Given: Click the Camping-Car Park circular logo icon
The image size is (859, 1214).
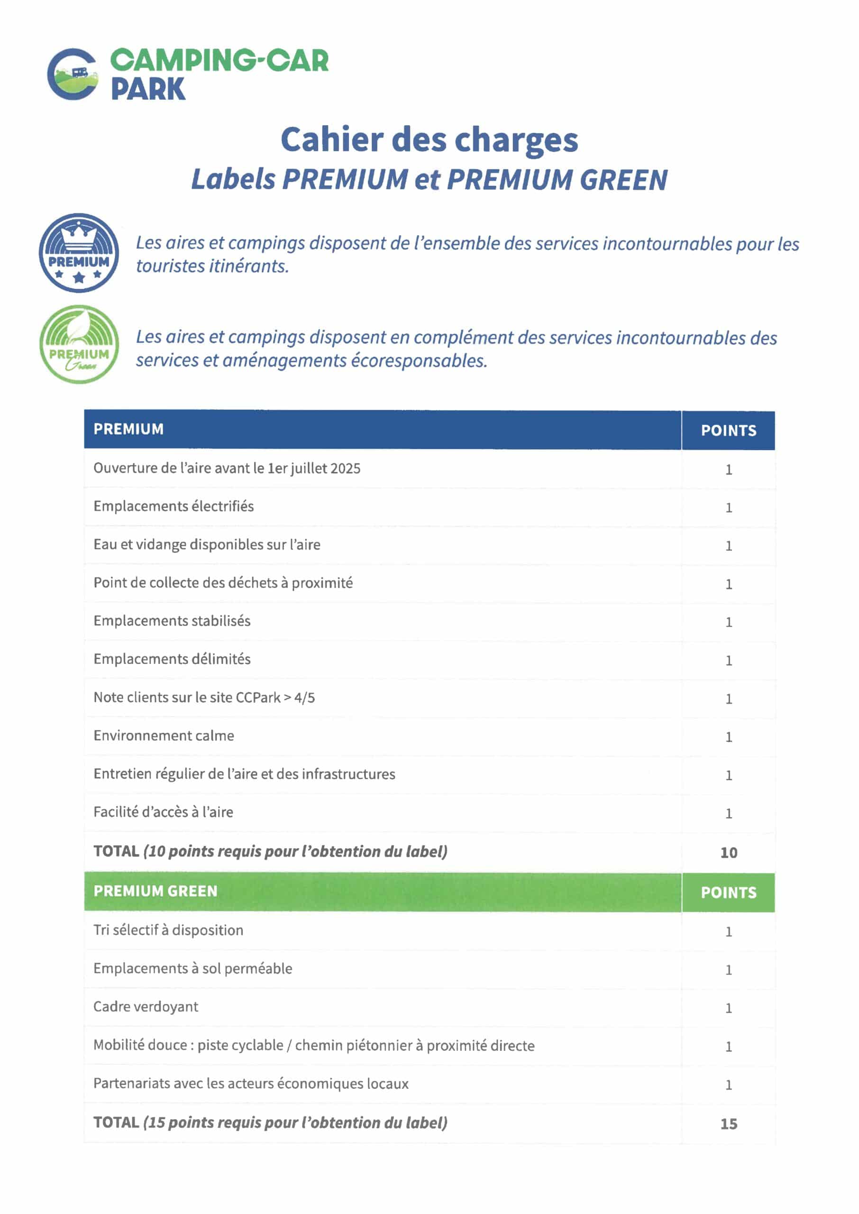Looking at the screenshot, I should coord(73,74).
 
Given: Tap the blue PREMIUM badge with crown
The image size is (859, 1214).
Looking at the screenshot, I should coord(79,253).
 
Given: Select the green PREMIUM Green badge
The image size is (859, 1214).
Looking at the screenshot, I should coord(79,344).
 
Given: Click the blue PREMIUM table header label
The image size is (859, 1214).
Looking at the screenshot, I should coord(128,429).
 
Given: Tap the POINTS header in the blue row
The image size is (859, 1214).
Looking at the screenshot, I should coord(728,431).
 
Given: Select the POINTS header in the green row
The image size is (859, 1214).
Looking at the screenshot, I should coord(728,892).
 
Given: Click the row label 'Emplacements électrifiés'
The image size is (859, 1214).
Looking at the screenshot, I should coord(174,506).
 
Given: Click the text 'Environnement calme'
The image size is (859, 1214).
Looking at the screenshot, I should coord(164,736).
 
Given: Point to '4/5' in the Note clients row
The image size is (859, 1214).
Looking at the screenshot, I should coord(305,698).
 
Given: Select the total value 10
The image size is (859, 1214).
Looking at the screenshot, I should coord(728,853).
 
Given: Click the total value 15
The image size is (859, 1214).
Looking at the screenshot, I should coord(728,1124).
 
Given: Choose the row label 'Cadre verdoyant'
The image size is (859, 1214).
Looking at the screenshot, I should coord(146,1007).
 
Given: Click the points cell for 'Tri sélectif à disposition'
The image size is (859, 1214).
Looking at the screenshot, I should coord(728,931).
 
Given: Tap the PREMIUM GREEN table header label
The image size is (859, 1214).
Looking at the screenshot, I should coord(155,892).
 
